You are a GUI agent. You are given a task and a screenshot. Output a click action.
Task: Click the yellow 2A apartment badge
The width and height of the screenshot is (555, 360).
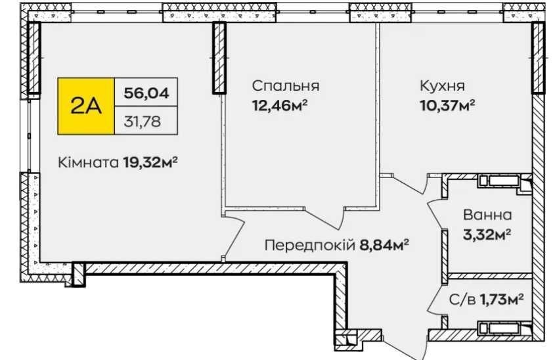pos(86,106)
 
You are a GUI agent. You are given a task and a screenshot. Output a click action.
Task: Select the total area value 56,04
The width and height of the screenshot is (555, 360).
pos(146,93)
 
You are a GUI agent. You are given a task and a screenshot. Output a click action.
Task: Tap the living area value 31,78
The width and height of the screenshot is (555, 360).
pos(143,122)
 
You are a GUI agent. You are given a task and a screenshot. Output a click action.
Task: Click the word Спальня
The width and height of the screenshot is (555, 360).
pos(286,86)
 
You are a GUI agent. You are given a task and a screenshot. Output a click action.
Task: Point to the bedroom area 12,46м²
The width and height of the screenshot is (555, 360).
pos(279,106)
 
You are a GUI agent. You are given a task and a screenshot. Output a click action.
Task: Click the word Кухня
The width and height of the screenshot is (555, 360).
pos(442,85)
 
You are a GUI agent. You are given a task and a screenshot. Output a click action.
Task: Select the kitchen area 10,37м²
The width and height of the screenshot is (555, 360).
pos(447,106)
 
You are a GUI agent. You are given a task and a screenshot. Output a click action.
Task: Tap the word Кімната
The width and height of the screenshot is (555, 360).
pos(88,163)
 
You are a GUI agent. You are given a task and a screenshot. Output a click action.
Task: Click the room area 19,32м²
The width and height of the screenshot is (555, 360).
pos(150,163)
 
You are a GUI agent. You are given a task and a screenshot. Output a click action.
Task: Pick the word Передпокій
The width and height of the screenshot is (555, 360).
pos(309,245)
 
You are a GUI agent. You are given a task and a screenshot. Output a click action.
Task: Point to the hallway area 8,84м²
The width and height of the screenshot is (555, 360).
pos(384,244)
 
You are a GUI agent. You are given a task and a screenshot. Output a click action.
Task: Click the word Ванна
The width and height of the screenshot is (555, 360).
pos(487,215)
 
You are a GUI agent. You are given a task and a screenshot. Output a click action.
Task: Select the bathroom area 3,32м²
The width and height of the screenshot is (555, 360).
pos(487,235)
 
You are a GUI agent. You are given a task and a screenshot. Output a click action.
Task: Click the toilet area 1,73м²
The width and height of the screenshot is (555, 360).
pos(502,300)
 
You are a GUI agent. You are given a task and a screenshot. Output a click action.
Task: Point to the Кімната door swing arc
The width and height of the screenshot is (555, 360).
pos(236,237)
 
